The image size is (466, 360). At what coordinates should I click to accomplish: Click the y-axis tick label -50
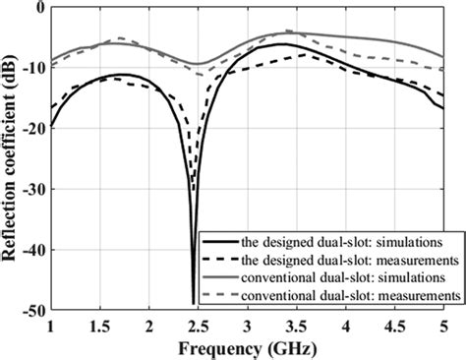click(x=32, y=309)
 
